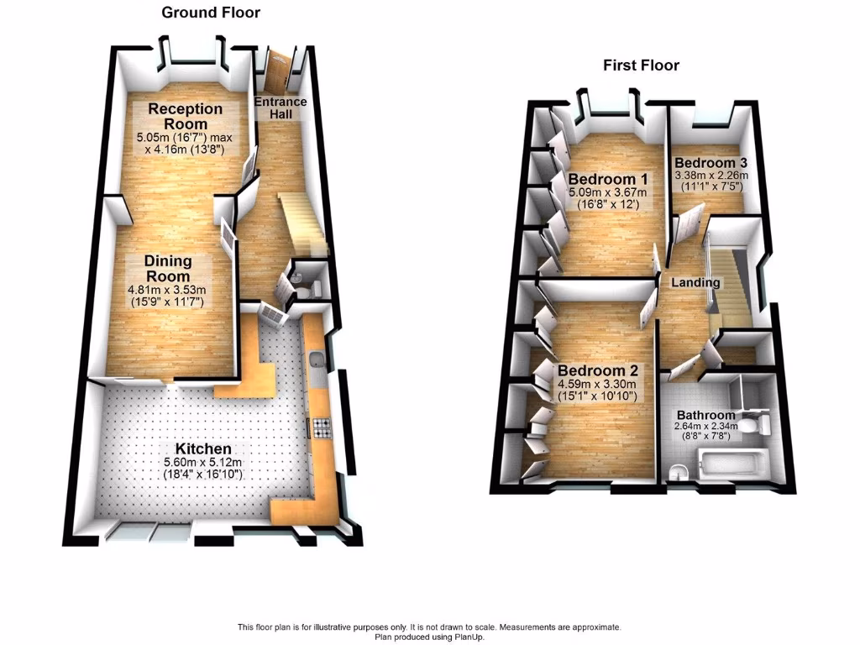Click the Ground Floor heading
(211, 13)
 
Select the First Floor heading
(641, 66)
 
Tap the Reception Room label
(186, 116)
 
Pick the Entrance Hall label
(281, 107)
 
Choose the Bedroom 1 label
(608, 179)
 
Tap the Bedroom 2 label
(598, 371)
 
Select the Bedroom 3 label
(711, 162)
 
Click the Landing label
(695, 283)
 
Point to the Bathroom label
(705, 415)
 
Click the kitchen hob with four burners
(323, 429)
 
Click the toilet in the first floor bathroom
(763, 422)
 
